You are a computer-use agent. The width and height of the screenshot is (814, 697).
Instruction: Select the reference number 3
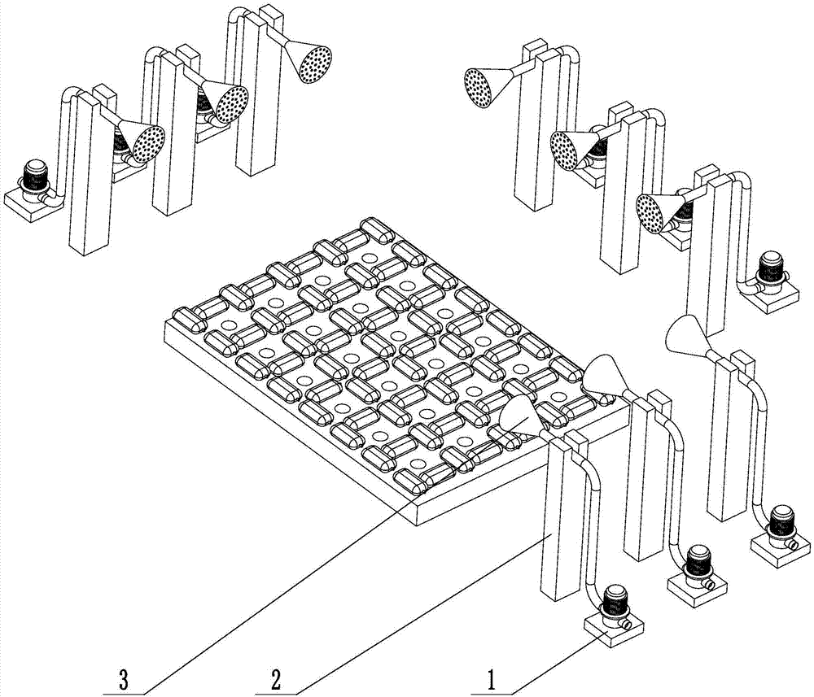pos(123,677)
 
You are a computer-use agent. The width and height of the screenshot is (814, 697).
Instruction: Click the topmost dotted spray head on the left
pos(314,63)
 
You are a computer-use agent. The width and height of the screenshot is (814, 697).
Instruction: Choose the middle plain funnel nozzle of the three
pos(602,375)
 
